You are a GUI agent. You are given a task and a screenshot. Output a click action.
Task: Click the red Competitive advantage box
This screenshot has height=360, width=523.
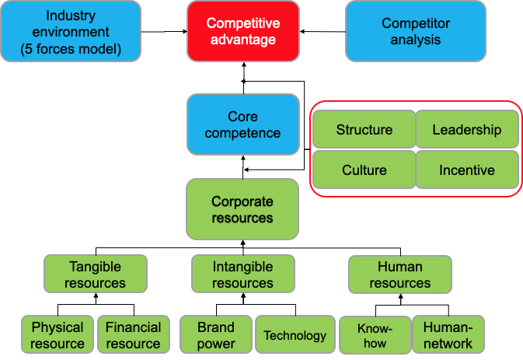(x=242, y=31)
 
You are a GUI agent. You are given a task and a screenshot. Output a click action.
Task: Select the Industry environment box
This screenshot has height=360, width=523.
(x=71, y=31)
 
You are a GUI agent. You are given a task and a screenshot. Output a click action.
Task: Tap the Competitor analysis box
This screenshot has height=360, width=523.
(x=416, y=31)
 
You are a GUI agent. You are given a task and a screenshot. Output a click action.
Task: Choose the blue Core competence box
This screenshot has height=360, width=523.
(x=242, y=124)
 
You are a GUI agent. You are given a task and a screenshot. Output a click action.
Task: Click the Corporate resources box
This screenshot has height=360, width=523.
(x=242, y=209)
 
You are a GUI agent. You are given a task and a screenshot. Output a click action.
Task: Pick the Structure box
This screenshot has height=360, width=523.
(x=364, y=130)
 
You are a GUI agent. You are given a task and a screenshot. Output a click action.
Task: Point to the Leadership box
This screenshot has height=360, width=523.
(x=466, y=130)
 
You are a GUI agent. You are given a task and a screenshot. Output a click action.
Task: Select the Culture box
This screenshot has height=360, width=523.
(x=364, y=170)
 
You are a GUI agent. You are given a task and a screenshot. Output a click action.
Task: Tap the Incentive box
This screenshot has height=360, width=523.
(x=466, y=170)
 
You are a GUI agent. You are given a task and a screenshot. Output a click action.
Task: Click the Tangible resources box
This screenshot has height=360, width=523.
(x=95, y=274)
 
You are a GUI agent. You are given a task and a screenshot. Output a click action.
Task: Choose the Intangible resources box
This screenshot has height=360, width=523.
(x=242, y=274)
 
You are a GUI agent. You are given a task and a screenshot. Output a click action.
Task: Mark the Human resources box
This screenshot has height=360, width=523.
(x=399, y=274)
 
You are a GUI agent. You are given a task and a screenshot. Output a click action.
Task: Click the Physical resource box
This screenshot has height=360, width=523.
(x=58, y=335)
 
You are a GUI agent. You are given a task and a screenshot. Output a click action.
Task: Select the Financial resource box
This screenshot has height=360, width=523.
(x=133, y=335)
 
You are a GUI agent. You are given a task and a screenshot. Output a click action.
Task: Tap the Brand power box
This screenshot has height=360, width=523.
(x=216, y=335)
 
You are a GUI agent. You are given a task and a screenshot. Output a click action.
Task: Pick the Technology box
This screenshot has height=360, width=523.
(x=295, y=335)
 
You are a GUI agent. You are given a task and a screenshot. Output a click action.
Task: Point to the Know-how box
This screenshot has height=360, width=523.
(x=375, y=335)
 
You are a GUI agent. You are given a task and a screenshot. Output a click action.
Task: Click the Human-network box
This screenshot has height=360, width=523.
(x=448, y=335)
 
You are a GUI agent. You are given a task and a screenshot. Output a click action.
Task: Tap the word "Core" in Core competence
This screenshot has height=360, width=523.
(x=242, y=117)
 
